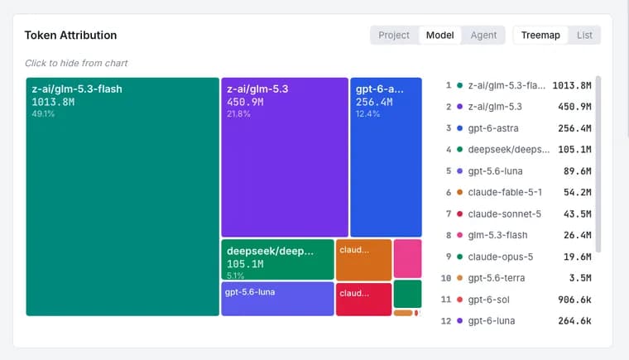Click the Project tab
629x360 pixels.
pos(393,36)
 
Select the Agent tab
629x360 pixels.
pos(483,36)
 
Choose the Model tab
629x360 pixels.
pos(439,36)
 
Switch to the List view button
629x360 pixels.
pos(584,36)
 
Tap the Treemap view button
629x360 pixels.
pos(540,36)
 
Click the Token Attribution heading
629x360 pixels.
pos(70,36)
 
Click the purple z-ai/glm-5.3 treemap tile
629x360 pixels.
pos(285,157)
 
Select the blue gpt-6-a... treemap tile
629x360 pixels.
pos(386,157)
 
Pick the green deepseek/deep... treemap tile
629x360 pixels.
pos(277,259)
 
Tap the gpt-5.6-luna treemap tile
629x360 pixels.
pos(277,299)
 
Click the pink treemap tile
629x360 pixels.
pos(407,258)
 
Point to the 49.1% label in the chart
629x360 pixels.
pos(43,114)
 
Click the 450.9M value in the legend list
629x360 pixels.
pos(574,107)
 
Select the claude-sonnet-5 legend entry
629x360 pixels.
pos(504,214)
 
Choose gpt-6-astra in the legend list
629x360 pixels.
pos(493,128)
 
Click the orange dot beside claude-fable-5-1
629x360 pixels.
pos(459,192)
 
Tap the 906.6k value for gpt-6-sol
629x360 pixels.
pos(574,300)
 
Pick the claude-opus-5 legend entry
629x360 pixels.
pos(500,257)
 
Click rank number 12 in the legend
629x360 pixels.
pos(446,321)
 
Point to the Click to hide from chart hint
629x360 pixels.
pos(76,63)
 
